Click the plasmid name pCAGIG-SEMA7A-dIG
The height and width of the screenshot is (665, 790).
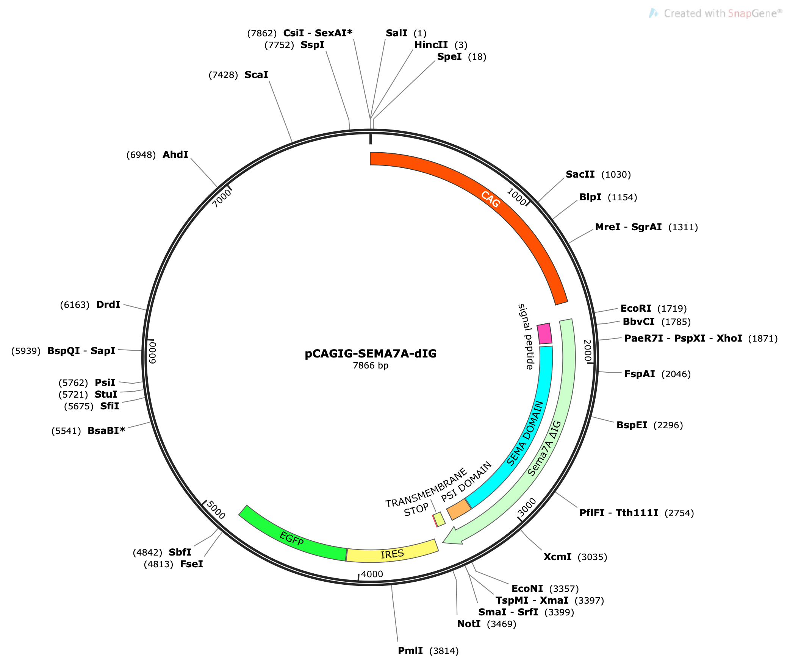click(x=371, y=354)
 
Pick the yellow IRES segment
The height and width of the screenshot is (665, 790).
click(x=393, y=554)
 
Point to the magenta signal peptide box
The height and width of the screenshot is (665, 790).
click(x=544, y=334)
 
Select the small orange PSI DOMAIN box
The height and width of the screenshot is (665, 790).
click(x=459, y=509)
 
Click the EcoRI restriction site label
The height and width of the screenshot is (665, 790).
click(x=636, y=308)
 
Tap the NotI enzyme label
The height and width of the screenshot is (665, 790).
click(x=469, y=624)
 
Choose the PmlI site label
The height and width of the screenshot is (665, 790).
click(x=410, y=651)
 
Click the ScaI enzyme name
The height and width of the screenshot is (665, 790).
click(x=256, y=75)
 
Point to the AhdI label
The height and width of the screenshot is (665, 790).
click(x=175, y=155)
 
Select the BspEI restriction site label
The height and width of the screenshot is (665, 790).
click(x=632, y=425)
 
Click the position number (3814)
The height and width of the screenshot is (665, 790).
click(x=444, y=651)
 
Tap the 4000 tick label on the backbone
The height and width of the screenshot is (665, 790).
click(x=372, y=574)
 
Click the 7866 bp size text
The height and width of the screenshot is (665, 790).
click(x=371, y=365)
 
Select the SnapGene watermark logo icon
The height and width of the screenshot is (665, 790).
click(x=653, y=13)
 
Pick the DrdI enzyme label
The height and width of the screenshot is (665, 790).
click(x=108, y=304)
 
